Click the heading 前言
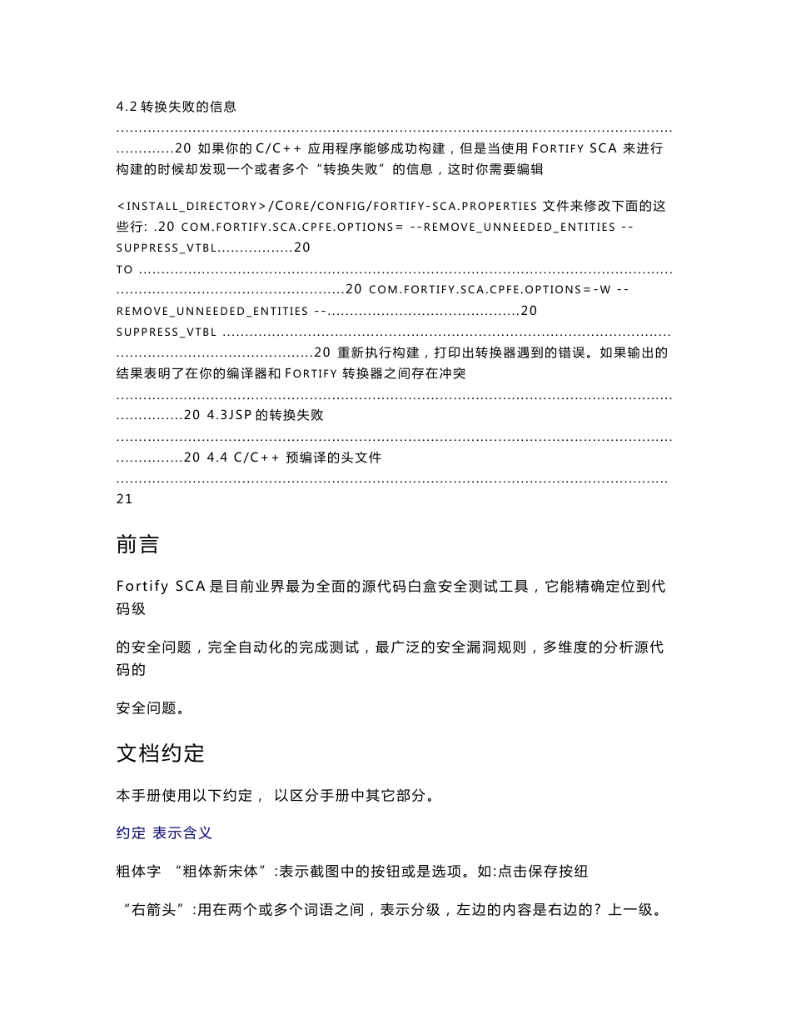[x=137, y=546]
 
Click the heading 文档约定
[x=160, y=753]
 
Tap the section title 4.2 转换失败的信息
[x=176, y=107]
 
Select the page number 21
[x=125, y=499]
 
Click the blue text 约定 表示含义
[x=164, y=832]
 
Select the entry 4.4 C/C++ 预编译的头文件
[x=294, y=457]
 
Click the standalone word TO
[x=125, y=270]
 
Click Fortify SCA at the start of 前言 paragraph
[x=162, y=587]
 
